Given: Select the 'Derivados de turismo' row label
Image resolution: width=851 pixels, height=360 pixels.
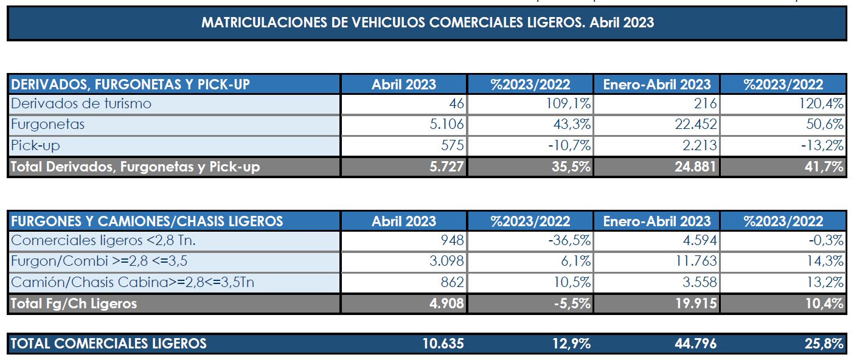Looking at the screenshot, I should pyautogui.click(x=82, y=103).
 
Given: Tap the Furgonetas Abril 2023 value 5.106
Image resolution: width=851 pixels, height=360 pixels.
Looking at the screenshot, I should pyautogui.click(x=446, y=125).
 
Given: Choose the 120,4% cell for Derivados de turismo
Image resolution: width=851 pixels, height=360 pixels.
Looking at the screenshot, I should pyautogui.click(x=821, y=103).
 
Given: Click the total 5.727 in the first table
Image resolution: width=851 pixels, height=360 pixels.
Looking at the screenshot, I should pyautogui.click(x=446, y=167).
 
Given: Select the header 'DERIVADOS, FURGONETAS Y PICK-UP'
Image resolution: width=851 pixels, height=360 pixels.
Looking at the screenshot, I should pyautogui.click(x=131, y=85).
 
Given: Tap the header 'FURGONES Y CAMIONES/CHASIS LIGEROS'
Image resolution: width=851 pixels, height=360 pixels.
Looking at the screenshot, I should pyautogui.click(x=147, y=221).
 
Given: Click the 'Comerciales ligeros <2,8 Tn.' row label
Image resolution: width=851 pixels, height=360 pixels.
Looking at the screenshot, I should pyautogui.click(x=103, y=240).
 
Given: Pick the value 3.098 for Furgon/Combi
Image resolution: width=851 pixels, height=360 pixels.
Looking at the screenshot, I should pyautogui.click(x=446, y=261).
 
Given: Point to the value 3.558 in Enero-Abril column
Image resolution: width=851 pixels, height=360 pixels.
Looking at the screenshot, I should pyautogui.click(x=696, y=282).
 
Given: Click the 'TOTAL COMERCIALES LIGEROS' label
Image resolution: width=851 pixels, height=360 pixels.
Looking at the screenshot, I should pyautogui.click(x=109, y=344).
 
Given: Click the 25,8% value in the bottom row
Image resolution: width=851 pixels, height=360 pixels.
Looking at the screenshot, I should pyautogui.click(x=824, y=344).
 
